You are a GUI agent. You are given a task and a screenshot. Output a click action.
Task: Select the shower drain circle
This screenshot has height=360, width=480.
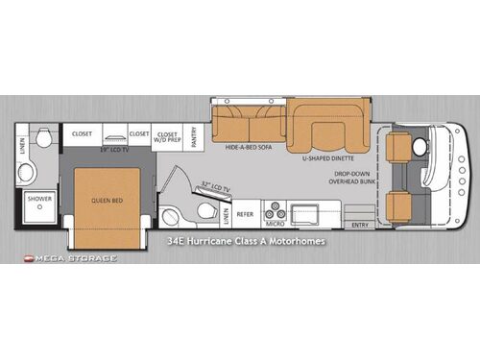[39, 206]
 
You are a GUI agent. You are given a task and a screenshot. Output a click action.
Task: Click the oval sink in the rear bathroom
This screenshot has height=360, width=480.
[27, 172]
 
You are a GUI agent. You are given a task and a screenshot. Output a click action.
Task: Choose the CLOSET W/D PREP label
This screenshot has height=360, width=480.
[168, 137]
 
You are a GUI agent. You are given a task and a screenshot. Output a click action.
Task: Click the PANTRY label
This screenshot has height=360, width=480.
[193, 136]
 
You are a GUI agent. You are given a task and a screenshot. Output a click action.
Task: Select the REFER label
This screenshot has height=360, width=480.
[245, 214]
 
